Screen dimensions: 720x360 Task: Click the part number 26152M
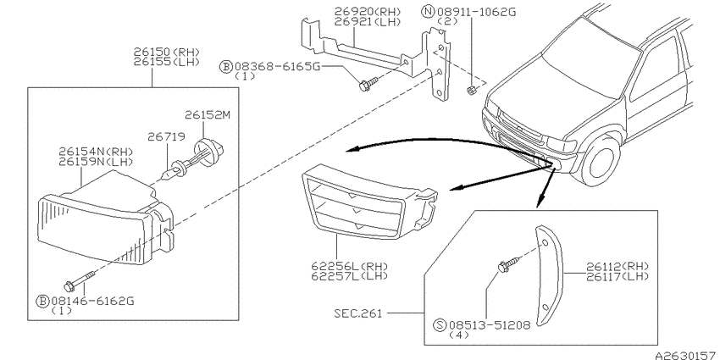pyautogui.click(x=207, y=114)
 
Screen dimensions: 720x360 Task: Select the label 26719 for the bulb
pyautogui.click(x=166, y=136)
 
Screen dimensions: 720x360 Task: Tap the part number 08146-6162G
pyautogui.click(x=92, y=302)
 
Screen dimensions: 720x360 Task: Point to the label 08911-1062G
pyautogui.click(x=477, y=12)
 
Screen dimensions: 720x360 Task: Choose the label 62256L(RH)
pyautogui.click(x=350, y=266)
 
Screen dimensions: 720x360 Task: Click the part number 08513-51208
pyautogui.click(x=490, y=325)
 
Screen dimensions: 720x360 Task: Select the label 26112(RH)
pyautogui.click(x=618, y=266)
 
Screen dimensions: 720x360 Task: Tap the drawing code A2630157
pyautogui.click(x=687, y=356)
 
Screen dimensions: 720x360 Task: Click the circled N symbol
pyautogui.click(x=429, y=12)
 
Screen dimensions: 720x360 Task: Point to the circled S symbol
pyautogui.click(x=440, y=325)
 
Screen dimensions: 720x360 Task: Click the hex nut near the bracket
pyautogui.click(x=470, y=90)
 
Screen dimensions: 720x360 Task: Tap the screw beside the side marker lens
pyautogui.click(x=510, y=263)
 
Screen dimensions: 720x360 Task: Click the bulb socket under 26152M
pyautogui.click(x=210, y=149)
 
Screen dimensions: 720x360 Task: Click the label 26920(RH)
pyautogui.click(x=368, y=12)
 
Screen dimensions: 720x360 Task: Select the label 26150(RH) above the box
pyautogui.click(x=167, y=52)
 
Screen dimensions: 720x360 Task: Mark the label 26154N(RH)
pyautogui.click(x=97, y=152)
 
